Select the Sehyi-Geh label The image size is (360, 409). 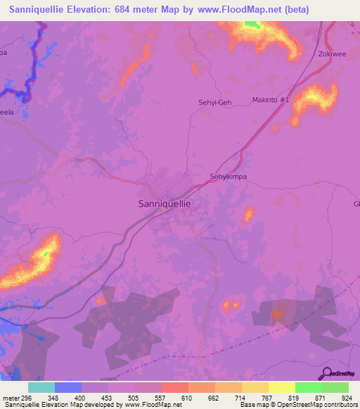tap(215, 103)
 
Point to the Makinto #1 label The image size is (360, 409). tap(271, 100)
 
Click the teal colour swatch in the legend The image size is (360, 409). tap(41, 387)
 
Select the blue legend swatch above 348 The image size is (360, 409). tap(68, 387)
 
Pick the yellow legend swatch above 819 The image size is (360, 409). tap(281, 387)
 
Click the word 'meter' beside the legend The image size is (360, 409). tap(11, 397)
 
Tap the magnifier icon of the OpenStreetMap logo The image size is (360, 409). tap(326, 373)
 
